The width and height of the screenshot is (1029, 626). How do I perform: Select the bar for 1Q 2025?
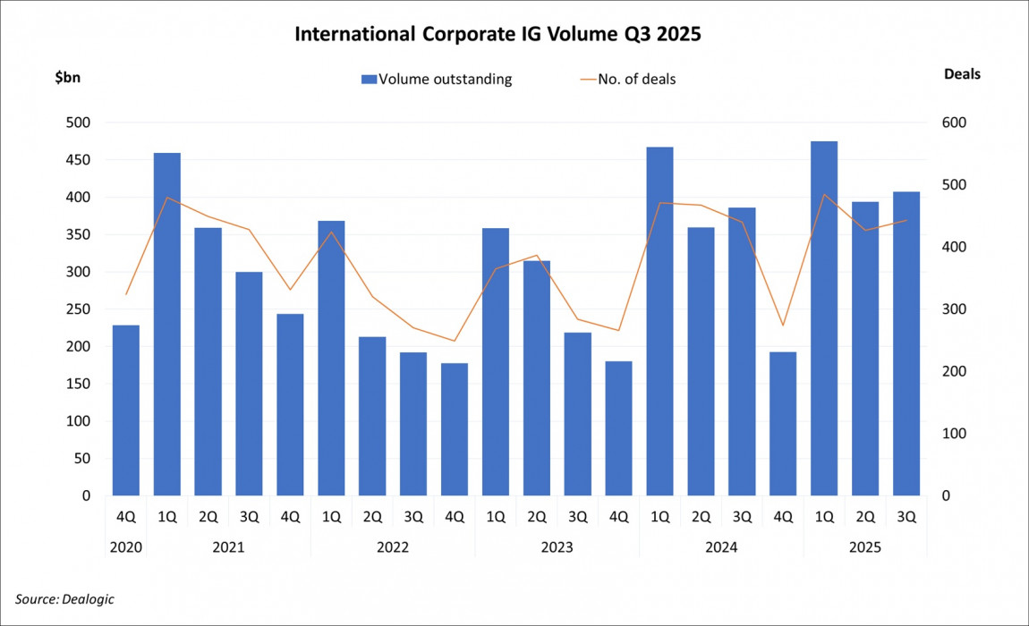click(x=823, y=318)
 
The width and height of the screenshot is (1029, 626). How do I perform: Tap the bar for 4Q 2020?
click(x=125, y=410)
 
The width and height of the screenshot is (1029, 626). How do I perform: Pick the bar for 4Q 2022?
click(x=454, y=429)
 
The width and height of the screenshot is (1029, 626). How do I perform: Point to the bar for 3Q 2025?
click(x=906, y=343)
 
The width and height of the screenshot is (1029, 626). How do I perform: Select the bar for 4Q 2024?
click(x=782, y=424)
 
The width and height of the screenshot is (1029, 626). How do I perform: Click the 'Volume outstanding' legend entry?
click(x=436, y=79)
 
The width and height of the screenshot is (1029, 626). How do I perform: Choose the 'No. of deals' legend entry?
click(x=627, y=79)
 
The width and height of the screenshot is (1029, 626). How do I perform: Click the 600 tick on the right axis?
click(x=956, y=123)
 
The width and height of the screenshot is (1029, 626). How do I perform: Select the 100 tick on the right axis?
click(x=956, y=434)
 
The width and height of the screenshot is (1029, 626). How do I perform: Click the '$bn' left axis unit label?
click(x=67, y=77)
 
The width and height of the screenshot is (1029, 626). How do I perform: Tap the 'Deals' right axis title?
click(x=962, y=74)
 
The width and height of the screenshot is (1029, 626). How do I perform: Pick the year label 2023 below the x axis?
click(x=557, y=546)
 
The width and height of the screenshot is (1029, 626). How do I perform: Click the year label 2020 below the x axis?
click(x=125, y=546)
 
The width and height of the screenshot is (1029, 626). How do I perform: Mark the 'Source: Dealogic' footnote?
click(x=64, y=598)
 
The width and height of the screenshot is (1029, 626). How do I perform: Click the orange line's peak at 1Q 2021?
click(x=166, y=198)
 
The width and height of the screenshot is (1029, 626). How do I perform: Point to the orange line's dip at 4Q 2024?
click(x=782, y=326)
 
